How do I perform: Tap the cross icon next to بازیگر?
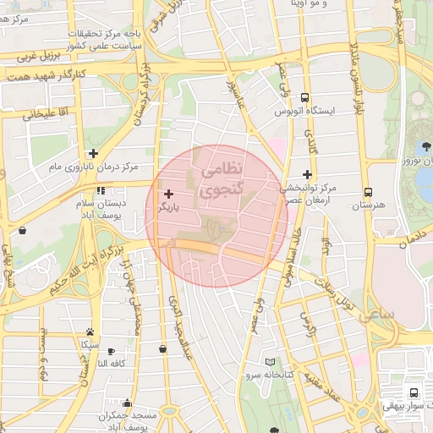click(x=168, y=194)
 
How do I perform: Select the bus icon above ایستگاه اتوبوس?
click(x=305, y=97)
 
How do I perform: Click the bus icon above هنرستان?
click(x=367, y=192)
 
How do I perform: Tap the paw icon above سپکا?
click(x=90, y=332)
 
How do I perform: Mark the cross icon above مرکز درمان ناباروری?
click(x=92, y=152)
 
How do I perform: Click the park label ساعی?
click(x=377, y=315)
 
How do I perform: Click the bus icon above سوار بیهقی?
click(x=414, y=392)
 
